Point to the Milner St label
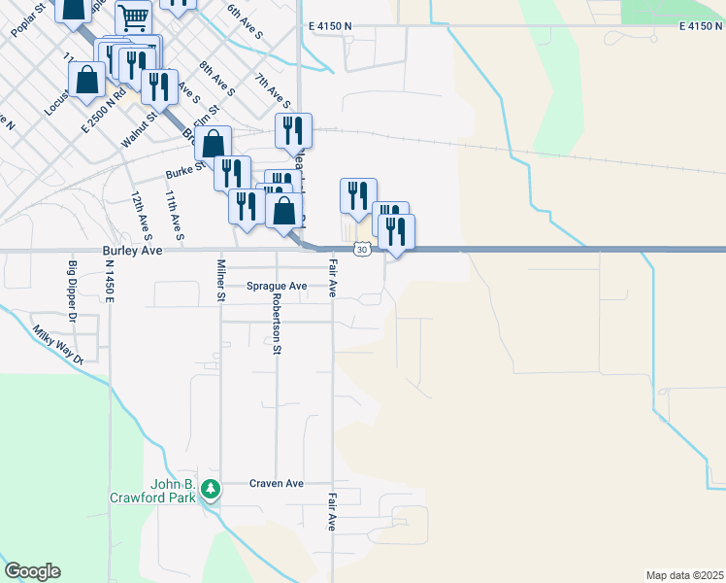(x=221, y=282)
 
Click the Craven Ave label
(x=277, y=483)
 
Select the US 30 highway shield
(x=361, y=250)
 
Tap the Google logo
(x=32, y=571)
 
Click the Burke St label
(x=185, y=171)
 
